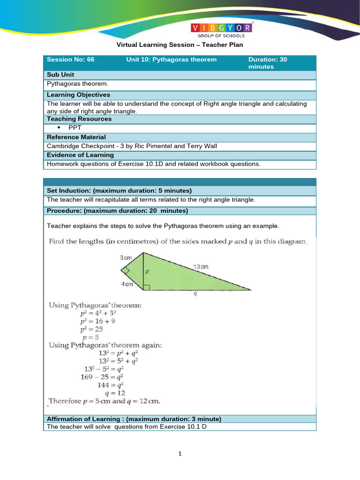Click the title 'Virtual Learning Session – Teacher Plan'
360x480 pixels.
180,45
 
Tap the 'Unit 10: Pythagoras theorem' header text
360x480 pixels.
172,60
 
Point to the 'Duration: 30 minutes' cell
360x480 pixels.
268,63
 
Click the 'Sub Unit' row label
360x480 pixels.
60,75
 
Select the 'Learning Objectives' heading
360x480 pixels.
78,95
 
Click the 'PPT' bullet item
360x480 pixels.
75,127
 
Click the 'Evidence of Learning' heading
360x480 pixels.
80,155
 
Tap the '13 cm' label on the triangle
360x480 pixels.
201,266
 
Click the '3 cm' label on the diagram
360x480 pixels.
125,258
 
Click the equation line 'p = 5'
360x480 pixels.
91,337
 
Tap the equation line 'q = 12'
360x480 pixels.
115,393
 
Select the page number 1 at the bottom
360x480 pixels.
180,454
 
